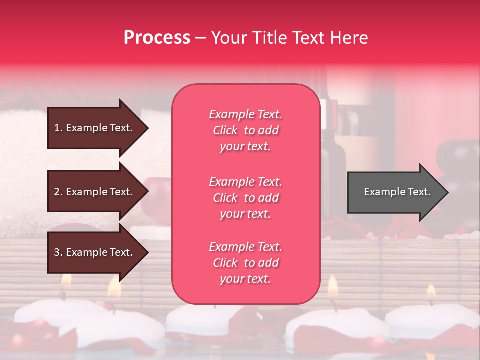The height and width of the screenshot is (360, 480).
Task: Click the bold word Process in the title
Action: point(157,38)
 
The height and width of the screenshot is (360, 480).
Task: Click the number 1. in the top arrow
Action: point(58,128)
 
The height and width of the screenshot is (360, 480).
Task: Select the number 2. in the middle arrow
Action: point(58,192)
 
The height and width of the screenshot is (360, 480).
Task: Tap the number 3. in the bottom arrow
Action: point(58,252)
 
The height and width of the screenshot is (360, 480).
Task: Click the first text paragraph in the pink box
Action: point(245,130)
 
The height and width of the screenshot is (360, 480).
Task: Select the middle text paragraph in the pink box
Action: point(245,198)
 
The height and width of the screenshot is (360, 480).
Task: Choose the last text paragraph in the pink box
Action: point(245,263)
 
